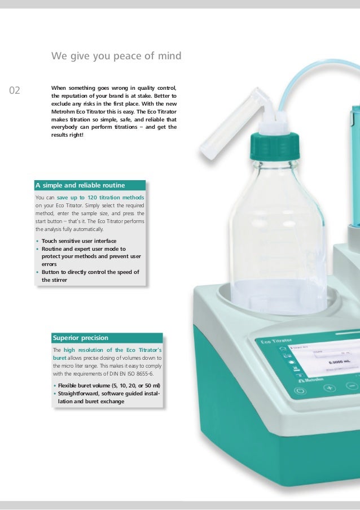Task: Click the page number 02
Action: (15, 90)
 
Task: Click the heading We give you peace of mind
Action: (116, 56)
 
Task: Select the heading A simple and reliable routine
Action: (80, 185)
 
